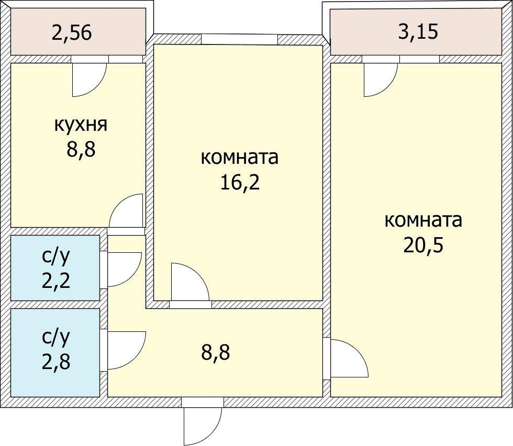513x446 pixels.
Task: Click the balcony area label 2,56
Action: click(x=72, y=32)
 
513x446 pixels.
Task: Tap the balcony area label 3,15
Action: click(x=418, y=32)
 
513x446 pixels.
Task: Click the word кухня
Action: click(x=81, y=125)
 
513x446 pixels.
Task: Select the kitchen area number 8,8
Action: click(x=81, y=149)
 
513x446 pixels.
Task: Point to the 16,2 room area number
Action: click(x=240, y=182)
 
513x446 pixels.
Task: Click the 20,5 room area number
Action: click(x=423, y=244)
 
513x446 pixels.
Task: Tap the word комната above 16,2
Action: click(x=240, y=158)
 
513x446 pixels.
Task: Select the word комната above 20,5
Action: click(x=423, y=220)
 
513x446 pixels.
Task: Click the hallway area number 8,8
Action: click(x=216, y=352)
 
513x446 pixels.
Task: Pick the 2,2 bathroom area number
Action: click(x=55, y=281)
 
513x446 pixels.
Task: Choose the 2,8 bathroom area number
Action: click(x=55, y=362)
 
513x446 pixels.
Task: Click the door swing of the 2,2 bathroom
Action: click(x=125, y=270)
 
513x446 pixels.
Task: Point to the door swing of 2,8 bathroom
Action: click(x=127, y=350)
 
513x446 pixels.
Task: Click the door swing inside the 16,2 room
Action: click(x=189, y=282)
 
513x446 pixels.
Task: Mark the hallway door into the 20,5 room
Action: click(x=350, y=359)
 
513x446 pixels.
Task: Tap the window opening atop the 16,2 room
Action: click(x=240, y=39)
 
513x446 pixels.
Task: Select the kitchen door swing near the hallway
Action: click(x=126, y=210)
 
